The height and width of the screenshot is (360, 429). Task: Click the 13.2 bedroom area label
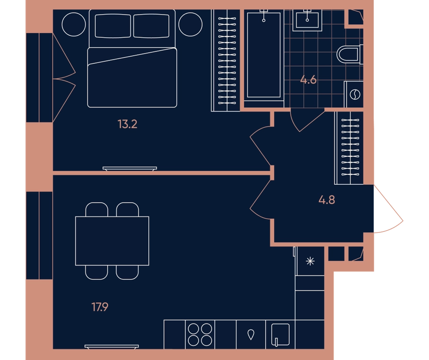(127, 124)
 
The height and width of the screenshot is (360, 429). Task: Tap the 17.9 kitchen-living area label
(100, 307)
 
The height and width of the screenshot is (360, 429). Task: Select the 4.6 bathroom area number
(308, 80)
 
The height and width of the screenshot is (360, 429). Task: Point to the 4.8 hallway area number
(327, 200)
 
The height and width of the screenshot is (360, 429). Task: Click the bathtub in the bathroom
(264, 55)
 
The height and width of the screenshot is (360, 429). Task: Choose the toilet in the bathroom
(350, 54)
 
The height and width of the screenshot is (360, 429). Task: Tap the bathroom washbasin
(307, 19)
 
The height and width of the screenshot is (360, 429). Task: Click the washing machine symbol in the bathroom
(355, 94)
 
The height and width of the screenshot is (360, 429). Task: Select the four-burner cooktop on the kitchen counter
(200, 334)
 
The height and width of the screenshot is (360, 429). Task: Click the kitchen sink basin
(280, 334)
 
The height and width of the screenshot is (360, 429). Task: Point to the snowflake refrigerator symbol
(310, 261)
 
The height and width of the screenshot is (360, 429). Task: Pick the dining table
(112, 241)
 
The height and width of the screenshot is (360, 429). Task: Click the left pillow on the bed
(113, 26)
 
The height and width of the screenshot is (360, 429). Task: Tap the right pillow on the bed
(151, 26)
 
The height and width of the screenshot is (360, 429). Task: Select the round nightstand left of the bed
(74, 24)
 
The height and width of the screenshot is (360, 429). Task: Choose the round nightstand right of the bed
(191, 24)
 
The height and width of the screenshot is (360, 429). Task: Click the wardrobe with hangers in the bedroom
(226, 60)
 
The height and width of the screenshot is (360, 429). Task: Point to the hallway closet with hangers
(349, 147)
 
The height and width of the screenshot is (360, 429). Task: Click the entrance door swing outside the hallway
(388, 209)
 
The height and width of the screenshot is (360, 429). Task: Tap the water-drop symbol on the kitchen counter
(251, 334)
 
